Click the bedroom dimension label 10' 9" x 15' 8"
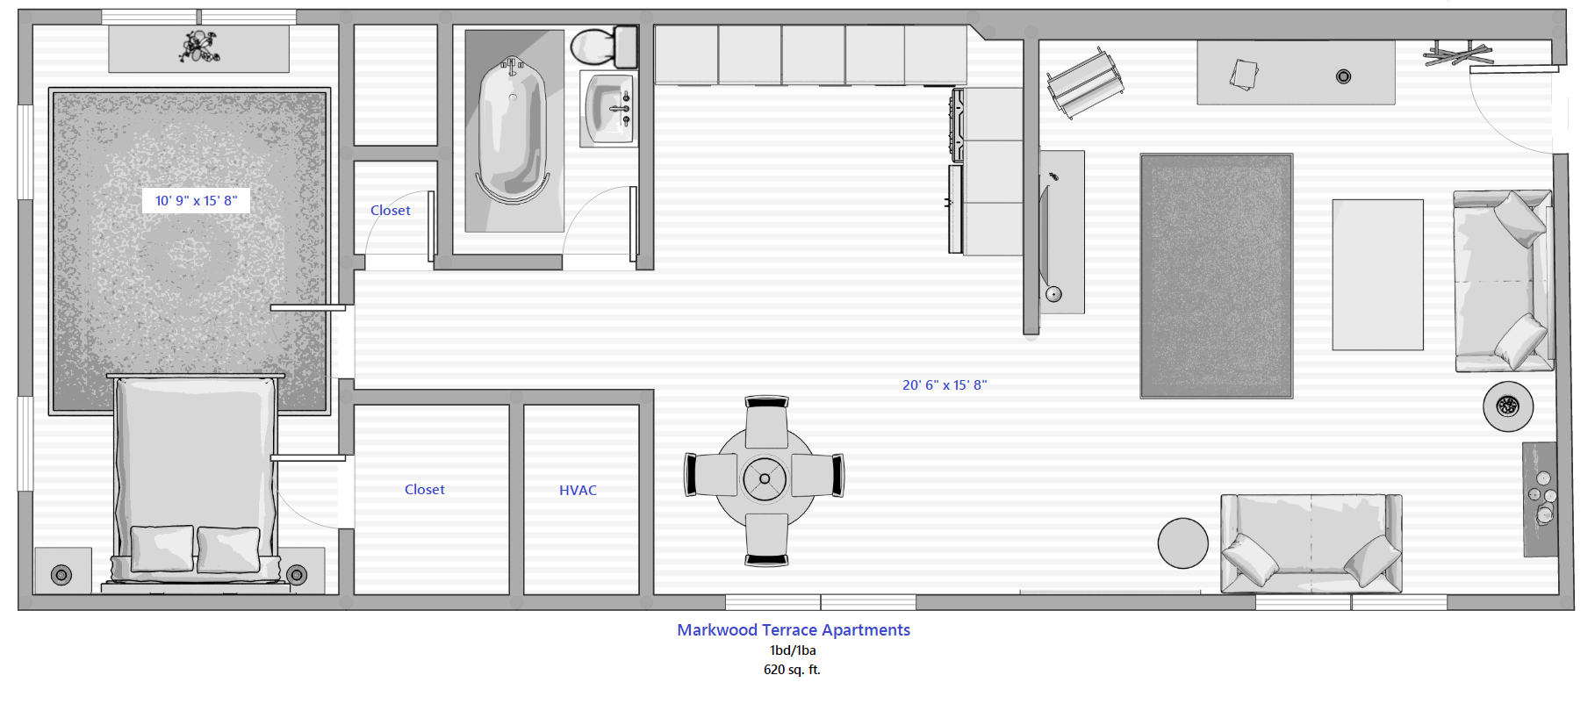click(196, 201)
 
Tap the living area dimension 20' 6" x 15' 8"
click(945, 385)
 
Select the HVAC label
click(578, 491)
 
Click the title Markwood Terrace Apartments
click(793, 630)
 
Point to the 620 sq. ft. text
click(792, 670)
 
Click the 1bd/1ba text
click(793, 650)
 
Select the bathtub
click(512, 132)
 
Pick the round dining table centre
click(765, 478)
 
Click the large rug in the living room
click(1216, 276)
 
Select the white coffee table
click(1377, 275)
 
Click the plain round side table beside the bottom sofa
click(1182, 543)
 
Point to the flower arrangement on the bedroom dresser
click(199, 47)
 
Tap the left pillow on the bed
click(162, 549)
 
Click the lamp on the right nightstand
click(297, 575)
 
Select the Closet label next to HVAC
click(425, 490)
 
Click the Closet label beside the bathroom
click(391, 211)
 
